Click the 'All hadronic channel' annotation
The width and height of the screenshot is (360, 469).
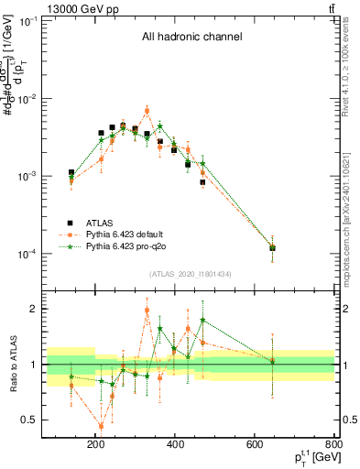191,38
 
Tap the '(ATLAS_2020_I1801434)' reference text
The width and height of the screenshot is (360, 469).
191,274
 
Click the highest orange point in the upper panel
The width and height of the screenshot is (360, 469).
147,110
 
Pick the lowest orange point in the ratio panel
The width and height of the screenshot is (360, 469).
101,426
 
